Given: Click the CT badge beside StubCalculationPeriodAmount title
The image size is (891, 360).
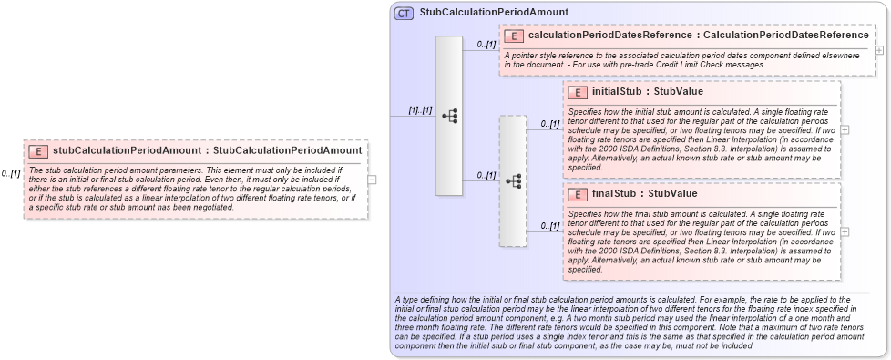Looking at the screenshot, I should pos(404,13).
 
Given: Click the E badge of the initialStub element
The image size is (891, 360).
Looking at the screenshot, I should pos(576,92).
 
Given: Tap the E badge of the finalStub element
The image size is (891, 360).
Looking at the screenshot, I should pos(576,194).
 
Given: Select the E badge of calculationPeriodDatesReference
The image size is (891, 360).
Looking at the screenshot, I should pos(513,36).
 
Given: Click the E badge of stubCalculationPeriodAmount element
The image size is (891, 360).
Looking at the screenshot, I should pos(38,151).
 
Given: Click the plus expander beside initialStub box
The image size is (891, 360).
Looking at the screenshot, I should pos(845,129).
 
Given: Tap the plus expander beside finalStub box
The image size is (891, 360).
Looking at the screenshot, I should pos(845,231).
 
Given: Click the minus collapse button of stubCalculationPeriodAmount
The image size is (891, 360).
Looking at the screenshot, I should pos(372,180).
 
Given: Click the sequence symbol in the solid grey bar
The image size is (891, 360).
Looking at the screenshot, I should pos(449,116).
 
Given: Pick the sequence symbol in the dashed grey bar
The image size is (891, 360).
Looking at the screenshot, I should pos(513,180).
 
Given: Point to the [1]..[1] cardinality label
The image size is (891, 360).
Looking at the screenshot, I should pos(420,110).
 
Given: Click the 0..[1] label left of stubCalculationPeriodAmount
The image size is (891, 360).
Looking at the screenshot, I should pos(11,173).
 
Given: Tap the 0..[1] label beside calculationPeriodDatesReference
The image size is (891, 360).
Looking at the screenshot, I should pos(486,44).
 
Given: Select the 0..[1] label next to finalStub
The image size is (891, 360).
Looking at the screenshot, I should pos(549,225).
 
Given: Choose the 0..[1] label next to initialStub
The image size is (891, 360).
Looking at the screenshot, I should pos(549,123).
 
